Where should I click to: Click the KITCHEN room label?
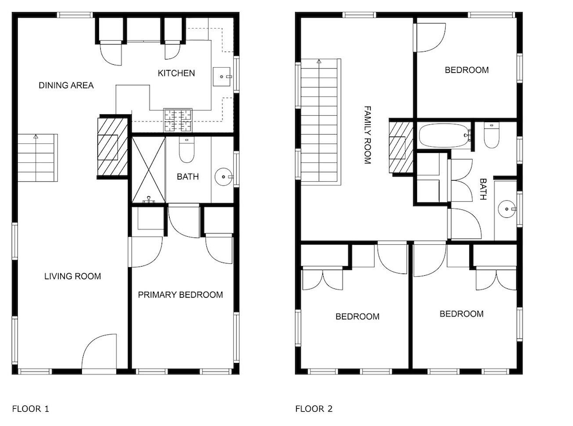(176, 73)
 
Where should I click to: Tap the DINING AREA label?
(66, 85)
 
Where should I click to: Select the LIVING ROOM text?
(72, 276)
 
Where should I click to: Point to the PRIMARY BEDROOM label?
(180, 295)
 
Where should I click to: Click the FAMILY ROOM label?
(368, 135)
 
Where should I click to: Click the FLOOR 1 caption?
(30, 408)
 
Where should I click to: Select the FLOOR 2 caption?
(314, 408)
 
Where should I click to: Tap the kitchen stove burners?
(178, 120)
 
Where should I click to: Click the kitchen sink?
(222, 76)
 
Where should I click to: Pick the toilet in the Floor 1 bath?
(186, 150)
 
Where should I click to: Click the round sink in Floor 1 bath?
(223, 177)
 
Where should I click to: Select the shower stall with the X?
(148, 170)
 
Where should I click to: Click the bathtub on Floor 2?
(445, 136)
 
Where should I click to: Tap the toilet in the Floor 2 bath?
(492, 135)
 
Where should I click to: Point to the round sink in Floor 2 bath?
(507, 209)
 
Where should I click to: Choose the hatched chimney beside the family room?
(401, 147)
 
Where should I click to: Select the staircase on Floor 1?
(38, 158)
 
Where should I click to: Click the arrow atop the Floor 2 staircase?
(319, 61)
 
